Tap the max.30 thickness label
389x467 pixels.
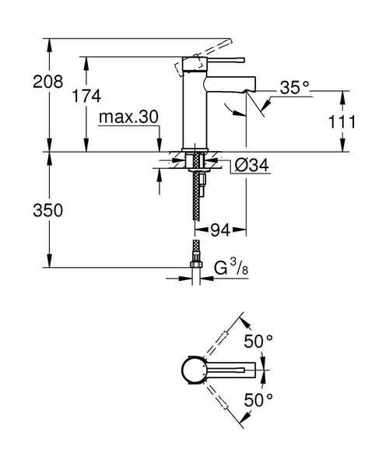128,116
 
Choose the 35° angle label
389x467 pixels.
295,89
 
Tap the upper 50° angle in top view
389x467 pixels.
259,341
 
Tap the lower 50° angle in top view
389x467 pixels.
259,400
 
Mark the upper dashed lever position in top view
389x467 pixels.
226,337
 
